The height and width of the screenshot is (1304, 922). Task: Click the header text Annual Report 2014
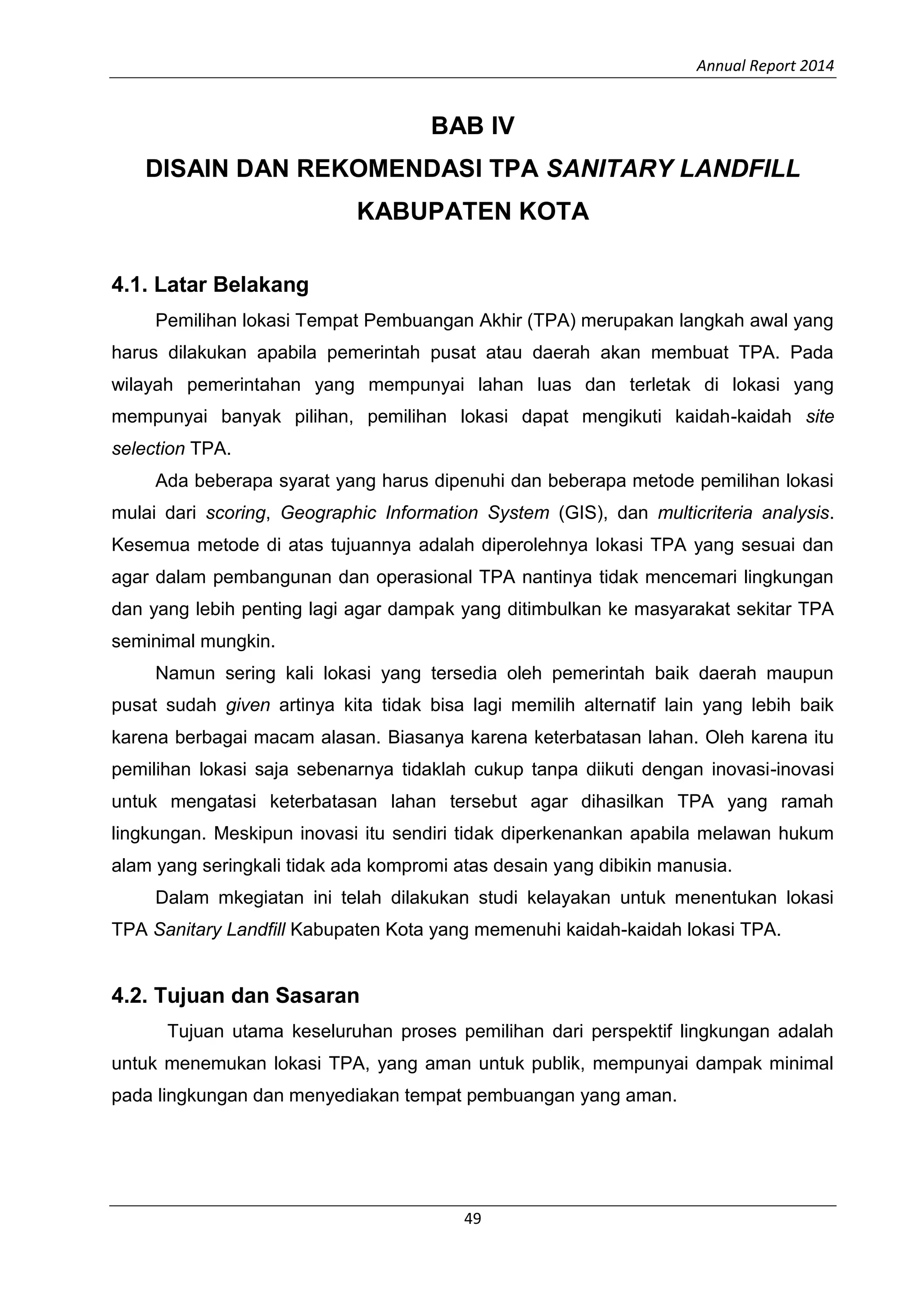(765, 66)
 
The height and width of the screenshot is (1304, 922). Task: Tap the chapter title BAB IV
(472, 126)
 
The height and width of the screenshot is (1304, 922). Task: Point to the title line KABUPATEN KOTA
(472, 212)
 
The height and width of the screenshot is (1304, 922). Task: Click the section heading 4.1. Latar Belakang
(210, 285)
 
